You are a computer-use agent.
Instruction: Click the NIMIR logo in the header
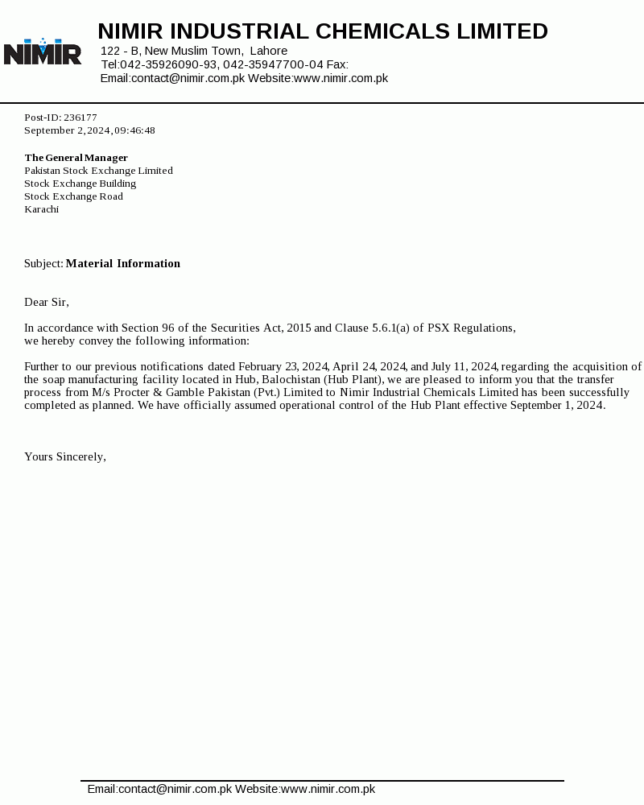(x=43, y=52)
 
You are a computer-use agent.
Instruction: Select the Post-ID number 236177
(x=80, y=118)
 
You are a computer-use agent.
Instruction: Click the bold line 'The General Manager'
(x=76, y=158)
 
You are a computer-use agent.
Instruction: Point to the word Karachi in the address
(x=41, y=209)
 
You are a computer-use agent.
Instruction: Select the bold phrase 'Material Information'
(x=123, y=263)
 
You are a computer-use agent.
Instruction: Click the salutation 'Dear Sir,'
(x=47, y=302)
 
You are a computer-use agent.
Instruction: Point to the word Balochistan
(x=291, y=379)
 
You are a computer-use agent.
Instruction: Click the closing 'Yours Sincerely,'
(x=65, y=456)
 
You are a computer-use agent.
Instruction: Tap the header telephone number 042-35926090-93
(x=168, y=64)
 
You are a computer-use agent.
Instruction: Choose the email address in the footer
(x=159, y=789)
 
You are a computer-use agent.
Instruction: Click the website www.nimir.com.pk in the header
(x=341, y=78)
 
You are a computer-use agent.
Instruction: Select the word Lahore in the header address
(x=269, y=51)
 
